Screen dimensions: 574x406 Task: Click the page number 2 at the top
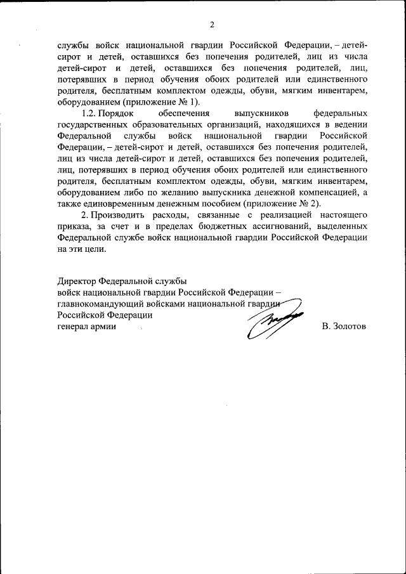(x=212, y=25)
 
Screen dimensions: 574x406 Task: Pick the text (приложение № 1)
(x=166, y=102)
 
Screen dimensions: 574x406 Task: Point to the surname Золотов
(x=344, y=326)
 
